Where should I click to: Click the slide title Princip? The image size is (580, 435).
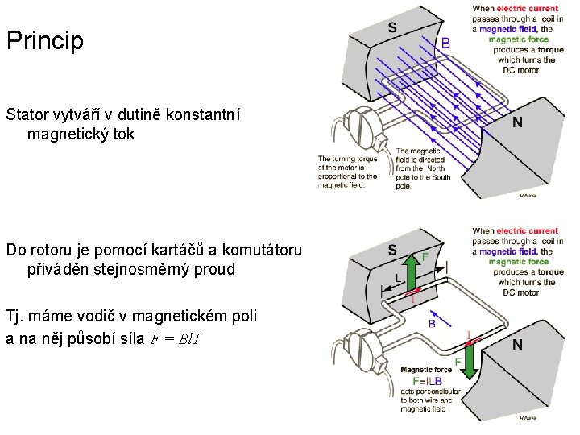tap(45, 40)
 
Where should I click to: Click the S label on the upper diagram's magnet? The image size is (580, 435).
tap(391, 27)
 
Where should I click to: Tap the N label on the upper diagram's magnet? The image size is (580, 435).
tap(516, 123)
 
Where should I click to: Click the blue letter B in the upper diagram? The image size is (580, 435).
tap(445, 43)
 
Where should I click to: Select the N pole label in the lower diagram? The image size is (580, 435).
tap(516, 345)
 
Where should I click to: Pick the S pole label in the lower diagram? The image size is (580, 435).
tap(391, 249)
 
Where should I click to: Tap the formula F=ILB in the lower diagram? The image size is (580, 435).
tap(426, 381)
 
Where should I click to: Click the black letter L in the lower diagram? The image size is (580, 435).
tap(398, 277)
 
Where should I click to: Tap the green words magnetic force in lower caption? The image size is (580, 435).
tap(518, 261)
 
